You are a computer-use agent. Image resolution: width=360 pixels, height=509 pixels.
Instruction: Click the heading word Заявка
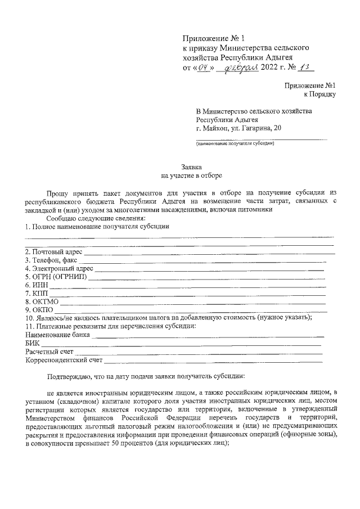coord(190,167)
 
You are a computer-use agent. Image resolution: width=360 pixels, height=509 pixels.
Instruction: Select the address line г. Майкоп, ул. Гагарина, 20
coord(239,128)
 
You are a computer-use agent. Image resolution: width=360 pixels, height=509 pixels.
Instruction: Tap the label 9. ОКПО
coord(39,310)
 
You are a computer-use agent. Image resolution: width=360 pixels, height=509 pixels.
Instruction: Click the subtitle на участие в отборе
coord(190,175)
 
